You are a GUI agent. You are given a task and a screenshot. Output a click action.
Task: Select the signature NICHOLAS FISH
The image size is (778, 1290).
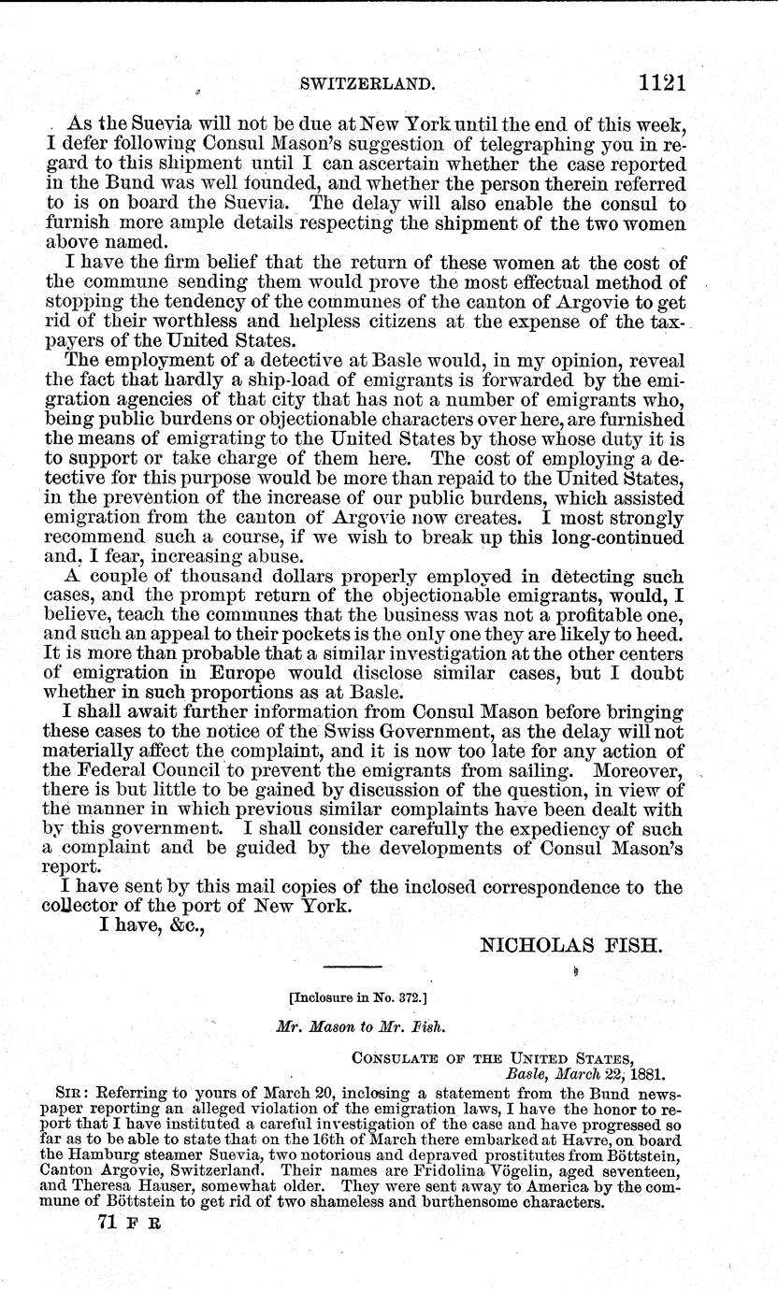tap(570, 946)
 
